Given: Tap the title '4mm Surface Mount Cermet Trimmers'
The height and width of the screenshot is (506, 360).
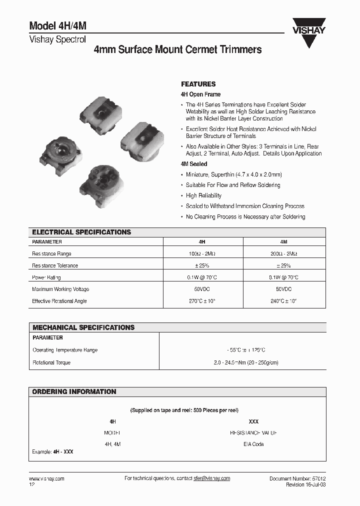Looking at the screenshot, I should [177, 50].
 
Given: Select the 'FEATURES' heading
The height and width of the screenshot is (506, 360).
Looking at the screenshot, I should [198, 84].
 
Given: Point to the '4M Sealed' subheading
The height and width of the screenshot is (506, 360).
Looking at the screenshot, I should [193, 164].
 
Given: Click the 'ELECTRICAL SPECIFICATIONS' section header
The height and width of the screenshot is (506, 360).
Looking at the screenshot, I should [81, 232].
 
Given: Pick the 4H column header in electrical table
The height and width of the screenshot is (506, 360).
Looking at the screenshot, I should [203, 241].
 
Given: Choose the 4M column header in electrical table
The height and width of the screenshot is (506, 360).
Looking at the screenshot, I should [283, 241].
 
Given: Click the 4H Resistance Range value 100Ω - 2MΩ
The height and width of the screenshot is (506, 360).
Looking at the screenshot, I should [203, 254].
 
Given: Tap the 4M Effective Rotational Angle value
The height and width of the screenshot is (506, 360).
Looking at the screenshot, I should [283, 301].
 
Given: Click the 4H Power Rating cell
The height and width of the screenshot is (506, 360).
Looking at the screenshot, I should [203, 277].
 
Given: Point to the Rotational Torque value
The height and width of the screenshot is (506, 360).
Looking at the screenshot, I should [242, 362].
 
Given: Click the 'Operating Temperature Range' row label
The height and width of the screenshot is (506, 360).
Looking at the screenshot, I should [65, 350].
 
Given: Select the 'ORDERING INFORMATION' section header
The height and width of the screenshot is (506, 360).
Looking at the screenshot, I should [74, 391].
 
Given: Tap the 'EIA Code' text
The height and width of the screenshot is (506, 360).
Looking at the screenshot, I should [253, 444].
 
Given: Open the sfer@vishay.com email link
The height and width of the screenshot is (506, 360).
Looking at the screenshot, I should [211, 478].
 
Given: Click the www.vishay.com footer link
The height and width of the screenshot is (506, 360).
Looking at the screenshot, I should [46, 478].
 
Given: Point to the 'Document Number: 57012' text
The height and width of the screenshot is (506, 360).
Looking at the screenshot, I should [297, 478].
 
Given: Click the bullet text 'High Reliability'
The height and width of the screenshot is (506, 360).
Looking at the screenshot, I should [203, 195].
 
